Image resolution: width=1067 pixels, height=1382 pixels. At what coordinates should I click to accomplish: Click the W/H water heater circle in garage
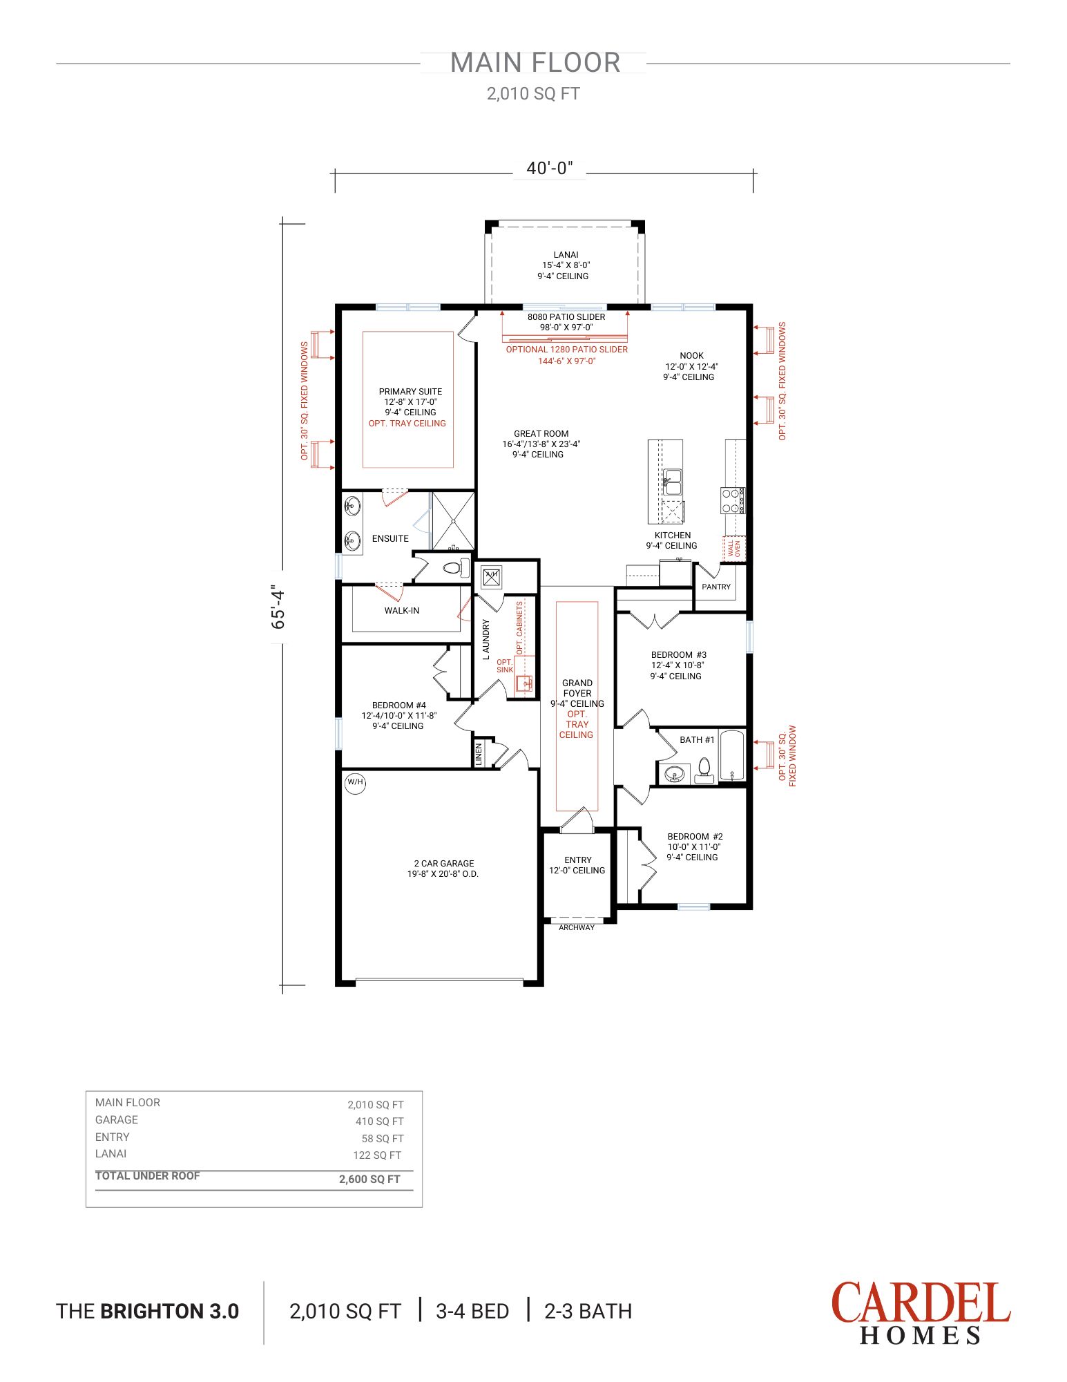tap(355, 782)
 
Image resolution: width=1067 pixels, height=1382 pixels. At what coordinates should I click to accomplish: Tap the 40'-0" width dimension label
tap(549, 169)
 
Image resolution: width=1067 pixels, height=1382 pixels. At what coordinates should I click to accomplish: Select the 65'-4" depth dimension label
tap(278, 607)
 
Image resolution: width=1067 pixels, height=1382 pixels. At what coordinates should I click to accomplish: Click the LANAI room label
tap(566, 255)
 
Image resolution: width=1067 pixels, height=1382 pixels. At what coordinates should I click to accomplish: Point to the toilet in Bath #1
tap(704, 768)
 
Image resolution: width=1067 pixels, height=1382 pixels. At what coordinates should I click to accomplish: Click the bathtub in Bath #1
tap(731, 755)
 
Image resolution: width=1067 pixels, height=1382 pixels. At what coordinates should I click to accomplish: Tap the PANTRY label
tap(716, 587)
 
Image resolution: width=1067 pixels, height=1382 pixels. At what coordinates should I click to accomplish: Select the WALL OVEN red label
tap(733, 548)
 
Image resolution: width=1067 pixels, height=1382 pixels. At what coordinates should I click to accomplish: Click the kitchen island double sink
tap(672, 482)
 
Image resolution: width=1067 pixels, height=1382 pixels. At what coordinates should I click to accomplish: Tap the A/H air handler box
tap(491, 576)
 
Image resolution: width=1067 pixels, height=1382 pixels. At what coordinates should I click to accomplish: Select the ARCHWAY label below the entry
tap(577, 927)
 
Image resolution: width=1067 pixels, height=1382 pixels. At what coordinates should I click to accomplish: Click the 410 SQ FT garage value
tap(379, 1121)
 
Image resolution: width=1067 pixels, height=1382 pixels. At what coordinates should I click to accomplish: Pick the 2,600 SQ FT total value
tap(369, 1180)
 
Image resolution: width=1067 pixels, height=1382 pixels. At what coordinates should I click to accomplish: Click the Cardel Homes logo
tap(920, 1313)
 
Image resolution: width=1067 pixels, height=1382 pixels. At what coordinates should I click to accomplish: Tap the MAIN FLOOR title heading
tap(535, 63)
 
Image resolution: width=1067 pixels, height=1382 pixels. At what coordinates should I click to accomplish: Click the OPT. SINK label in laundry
tap(505, 666)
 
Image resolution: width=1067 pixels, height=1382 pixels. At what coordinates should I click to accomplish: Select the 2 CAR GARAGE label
tap(443, 864)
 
